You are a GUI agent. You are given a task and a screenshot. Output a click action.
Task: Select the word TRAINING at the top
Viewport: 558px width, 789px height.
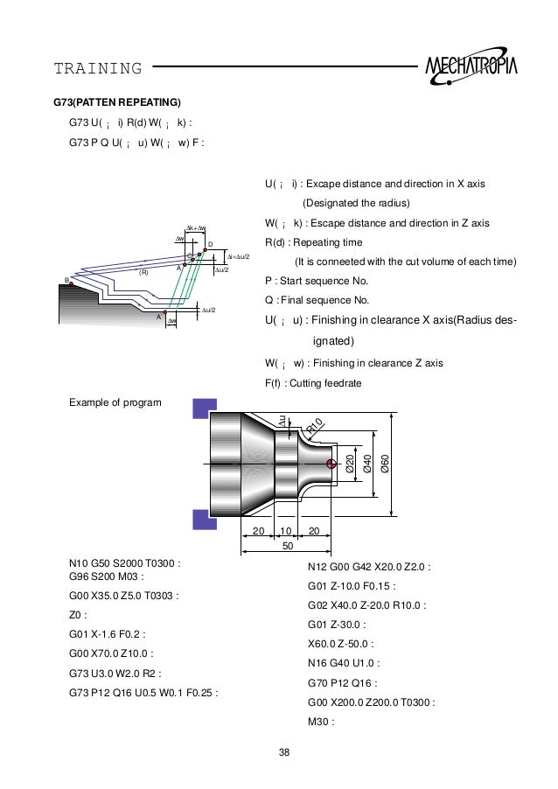pos(98,68)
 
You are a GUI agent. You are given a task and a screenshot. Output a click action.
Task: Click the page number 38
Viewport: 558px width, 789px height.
pos(283,751)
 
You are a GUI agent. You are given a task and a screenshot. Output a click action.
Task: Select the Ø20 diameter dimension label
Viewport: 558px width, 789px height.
pos(350,464)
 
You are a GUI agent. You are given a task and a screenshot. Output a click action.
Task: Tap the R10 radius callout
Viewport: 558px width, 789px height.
pos(316,427)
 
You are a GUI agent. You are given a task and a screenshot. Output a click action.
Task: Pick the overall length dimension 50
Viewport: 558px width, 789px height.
pos(288,547)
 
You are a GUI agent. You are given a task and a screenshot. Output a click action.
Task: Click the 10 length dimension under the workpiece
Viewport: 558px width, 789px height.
pos(285,532)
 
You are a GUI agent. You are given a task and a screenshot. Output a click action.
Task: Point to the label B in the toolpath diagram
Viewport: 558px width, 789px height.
pos(66,280)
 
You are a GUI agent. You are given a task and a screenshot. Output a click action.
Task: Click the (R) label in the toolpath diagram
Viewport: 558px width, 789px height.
pos(144,272)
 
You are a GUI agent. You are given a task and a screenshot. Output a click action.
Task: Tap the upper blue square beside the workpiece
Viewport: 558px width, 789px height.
pos(204,409)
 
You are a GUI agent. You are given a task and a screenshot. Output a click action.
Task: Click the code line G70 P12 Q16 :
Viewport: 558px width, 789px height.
pos(345,683)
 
